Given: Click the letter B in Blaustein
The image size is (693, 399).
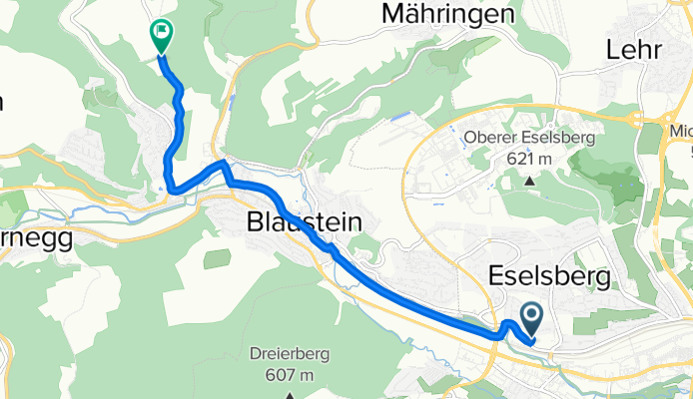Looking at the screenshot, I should pos(254,222).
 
